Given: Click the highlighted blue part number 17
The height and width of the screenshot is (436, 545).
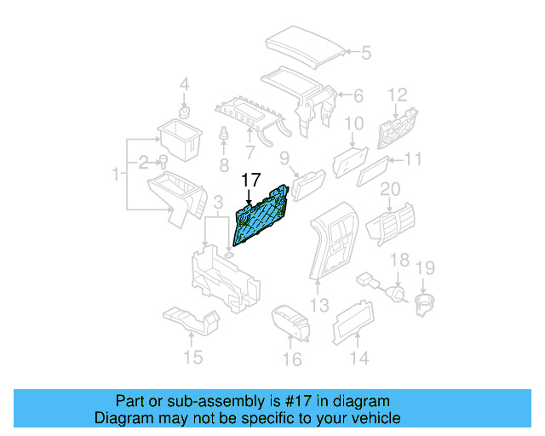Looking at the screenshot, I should (x=264, y=218).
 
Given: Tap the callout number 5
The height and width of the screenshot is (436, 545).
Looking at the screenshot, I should (x=365, y=53).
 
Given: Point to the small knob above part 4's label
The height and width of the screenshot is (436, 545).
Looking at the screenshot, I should (x=183, y=112).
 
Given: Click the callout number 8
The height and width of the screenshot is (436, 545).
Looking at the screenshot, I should (x=224, y=163).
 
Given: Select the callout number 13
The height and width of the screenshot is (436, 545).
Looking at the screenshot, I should (x=318, y=304).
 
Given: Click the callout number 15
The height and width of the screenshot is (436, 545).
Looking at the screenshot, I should (x=194, y=357).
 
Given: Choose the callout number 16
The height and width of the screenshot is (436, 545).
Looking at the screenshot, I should (x=292, y=359).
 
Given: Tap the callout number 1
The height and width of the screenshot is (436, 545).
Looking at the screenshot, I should (x=117, y=175).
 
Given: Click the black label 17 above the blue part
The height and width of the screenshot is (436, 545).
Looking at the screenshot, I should (x=250, y=180).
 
